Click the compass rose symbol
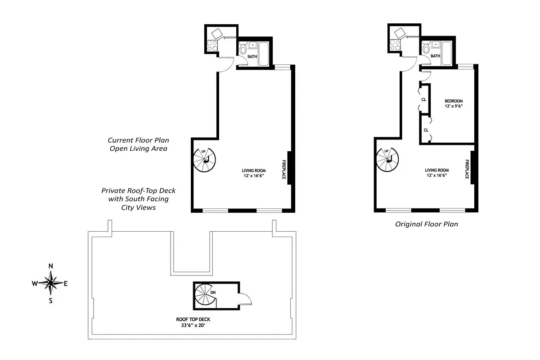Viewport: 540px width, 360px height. [50, 283]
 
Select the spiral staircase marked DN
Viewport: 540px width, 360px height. [205, 296]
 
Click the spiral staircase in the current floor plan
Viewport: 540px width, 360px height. [205, 160]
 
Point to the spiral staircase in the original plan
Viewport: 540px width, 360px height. [387, 160]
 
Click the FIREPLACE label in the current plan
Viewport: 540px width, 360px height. [284, 169]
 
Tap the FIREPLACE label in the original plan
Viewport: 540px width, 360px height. [467, 169]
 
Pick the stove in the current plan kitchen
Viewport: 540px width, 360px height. [212, 45]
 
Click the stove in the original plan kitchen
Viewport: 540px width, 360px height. [395, 45]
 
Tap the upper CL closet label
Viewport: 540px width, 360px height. [423, 100]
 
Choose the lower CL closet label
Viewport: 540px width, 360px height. [425, 130]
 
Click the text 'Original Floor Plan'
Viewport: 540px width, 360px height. [426, 224]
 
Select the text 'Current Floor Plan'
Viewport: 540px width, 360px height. [139, 140]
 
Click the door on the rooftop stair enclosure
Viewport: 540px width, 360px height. [246, 298]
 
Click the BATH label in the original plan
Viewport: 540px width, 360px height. [435, 56]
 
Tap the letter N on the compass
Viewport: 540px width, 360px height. [50, 266]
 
